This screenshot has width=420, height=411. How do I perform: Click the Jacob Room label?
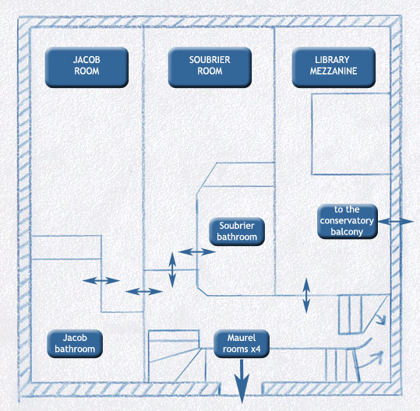click(x=86, y=68)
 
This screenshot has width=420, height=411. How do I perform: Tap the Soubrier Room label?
click(x=210, y=68)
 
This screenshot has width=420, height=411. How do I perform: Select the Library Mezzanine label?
click(x=334, y=68)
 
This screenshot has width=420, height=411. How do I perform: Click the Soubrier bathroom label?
click(x=237, y=231)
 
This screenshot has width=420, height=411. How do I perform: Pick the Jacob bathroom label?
click(x=75, y=343)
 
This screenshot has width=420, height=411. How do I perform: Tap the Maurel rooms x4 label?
click(x=242, y=343)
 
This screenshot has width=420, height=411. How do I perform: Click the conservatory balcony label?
click(x=348, y=221)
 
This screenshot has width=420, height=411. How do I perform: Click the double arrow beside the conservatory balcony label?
click(x=396, y=222)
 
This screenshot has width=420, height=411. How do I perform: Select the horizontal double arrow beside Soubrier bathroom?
click(x=197, y=251)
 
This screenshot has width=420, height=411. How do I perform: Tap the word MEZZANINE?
click(x=334, y=71)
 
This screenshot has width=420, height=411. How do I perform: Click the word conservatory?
click(x=347, y=221)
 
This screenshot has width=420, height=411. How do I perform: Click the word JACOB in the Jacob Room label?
click(x=86, y=60)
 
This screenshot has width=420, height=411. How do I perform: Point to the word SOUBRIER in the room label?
click(x=210, y=60)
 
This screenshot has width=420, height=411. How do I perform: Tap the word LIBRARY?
click(x=332, y=60)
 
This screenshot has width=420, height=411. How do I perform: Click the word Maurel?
click(x=242, y=338)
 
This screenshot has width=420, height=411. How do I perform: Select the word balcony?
click(x=347, y=232)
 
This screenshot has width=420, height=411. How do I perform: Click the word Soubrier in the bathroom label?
click(x=237, y=226)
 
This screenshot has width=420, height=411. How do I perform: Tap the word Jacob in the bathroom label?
click(x=75, y=338)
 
